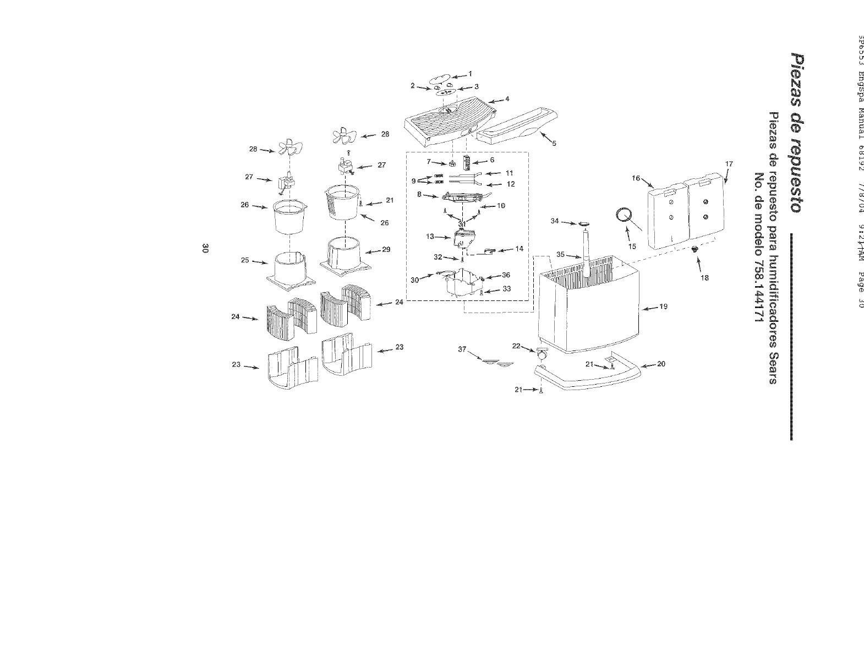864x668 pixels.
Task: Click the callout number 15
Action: pos(632,246)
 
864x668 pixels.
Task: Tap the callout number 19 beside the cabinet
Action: pos(663,306)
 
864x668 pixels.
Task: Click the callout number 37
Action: pos(462,349)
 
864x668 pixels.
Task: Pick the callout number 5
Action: pos(554,144)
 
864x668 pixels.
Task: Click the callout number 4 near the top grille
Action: pos(507,98)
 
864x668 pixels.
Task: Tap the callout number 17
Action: pos(730,164)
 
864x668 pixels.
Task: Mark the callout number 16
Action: pos(636,178)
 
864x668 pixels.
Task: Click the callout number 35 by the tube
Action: pos(561,255)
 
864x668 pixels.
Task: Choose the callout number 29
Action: pos(386,249)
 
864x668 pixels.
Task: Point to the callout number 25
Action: pos(245,260)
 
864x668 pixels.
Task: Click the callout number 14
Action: pos(519,249)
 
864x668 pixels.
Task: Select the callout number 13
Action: pos(430,237)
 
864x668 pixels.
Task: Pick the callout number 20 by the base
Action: pos(661,364)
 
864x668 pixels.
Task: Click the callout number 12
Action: pos(510,184)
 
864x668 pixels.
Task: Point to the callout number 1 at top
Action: pos(471,73)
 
